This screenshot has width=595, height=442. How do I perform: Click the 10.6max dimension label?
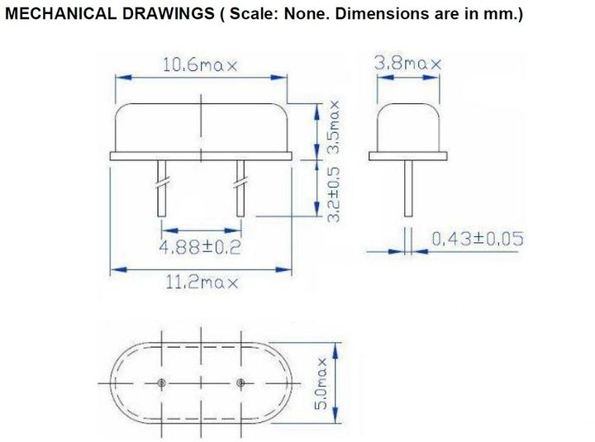pos(200,65)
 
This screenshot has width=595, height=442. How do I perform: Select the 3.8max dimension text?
pos(408,63)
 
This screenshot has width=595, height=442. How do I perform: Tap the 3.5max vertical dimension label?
pos(333,126)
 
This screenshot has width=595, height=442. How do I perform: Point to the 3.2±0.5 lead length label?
pos(333,194)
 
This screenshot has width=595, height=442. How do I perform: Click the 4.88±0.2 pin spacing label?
pos(200,247)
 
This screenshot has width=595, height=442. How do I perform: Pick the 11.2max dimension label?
pos(202,283)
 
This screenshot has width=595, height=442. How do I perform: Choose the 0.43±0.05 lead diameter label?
pos(478,239)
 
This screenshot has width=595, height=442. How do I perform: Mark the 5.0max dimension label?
pos(321,383)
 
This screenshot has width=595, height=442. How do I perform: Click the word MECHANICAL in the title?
pos(60,14)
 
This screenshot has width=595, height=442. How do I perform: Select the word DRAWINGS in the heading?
pos(168,14)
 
